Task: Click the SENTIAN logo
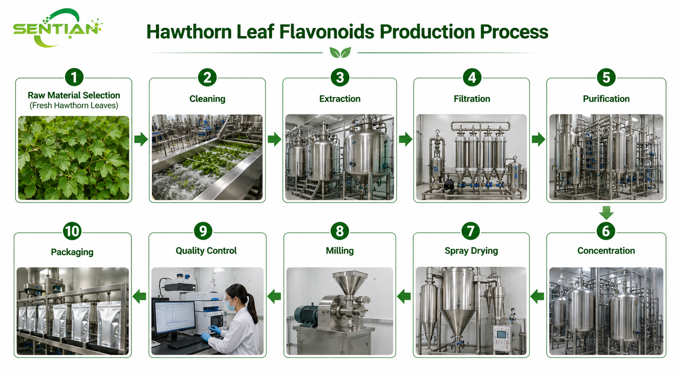[58, 28]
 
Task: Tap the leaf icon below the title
[340, 52]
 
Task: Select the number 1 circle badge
[74, 77]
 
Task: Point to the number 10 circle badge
[72, 231]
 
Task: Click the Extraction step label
[340, 99]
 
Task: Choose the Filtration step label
[472, 99]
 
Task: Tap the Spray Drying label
[471, 251]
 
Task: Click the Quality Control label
[206, 250]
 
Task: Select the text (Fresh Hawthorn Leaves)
[74, 105]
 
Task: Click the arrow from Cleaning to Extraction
[274, 139]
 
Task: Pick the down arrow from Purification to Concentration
[606, 213]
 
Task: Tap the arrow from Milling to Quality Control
[274, 296]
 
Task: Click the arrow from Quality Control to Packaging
[139, 296]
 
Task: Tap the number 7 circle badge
[471, 231]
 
